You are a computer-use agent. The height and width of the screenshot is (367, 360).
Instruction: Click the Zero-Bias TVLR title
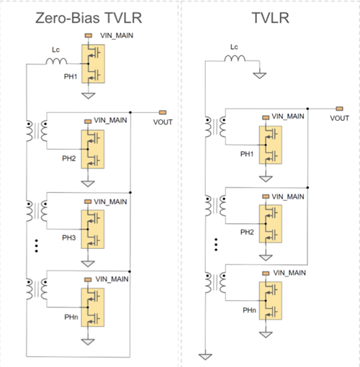point(89,18)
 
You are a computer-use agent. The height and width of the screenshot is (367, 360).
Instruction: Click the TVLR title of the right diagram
point(271,18)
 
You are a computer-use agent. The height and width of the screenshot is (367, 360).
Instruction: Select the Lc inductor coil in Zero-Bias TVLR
point(56,61)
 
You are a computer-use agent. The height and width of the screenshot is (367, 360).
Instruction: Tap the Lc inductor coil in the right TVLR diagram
point(235,58)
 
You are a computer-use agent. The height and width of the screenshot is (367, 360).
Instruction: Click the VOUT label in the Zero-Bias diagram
point(163,122)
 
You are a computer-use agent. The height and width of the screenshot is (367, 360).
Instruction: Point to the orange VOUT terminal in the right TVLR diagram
point(339,109)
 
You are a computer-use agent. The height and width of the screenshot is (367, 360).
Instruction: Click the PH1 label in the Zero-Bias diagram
point(71,76)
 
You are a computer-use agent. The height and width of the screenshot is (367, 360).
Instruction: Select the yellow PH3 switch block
point(93,230)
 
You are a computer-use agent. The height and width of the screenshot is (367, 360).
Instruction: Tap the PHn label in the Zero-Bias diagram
point(71,317)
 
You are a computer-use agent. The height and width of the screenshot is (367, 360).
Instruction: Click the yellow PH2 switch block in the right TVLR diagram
point(271,224)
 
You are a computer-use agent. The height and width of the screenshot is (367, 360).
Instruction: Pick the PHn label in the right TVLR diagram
point(249,310)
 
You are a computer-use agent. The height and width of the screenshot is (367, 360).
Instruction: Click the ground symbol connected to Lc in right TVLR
point(260,76)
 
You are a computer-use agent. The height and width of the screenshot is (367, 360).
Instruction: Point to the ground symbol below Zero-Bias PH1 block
point(89,96)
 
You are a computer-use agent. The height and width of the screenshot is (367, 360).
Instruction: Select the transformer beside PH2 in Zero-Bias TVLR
point(37,131)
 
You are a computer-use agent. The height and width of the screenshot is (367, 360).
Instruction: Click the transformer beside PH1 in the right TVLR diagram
point(215,127)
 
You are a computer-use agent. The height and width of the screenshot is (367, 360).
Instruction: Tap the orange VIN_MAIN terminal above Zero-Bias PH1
point(89,35)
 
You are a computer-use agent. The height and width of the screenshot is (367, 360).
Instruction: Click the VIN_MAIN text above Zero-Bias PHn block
point(112,279)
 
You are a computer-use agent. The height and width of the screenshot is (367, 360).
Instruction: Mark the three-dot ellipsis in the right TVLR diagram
point(216,245)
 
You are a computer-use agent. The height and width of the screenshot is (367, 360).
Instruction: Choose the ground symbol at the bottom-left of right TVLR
point(205,357)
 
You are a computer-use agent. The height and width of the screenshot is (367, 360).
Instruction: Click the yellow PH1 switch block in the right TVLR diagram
point(271,145)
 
